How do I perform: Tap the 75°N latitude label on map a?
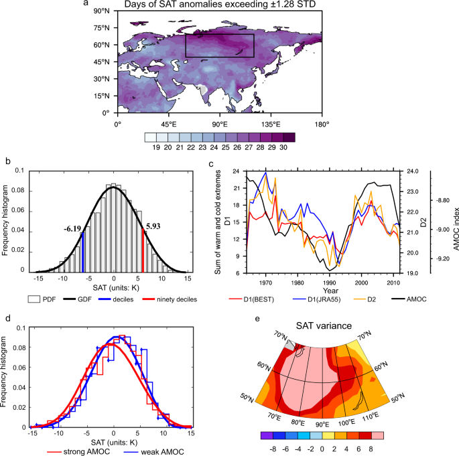point(103,28)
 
